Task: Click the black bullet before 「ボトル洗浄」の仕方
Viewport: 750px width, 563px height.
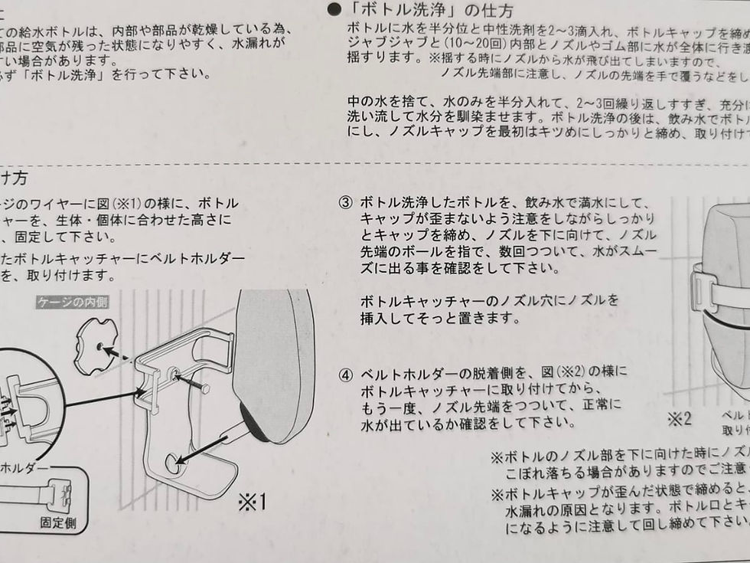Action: [x=334, y=10]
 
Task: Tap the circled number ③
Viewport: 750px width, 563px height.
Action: [x=346, y=204]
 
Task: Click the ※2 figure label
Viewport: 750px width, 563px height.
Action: [x=679, y=419]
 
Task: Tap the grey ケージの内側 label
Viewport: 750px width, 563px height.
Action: [x=73, y=302]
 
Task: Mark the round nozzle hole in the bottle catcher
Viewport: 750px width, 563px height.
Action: [x=175, y=463]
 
